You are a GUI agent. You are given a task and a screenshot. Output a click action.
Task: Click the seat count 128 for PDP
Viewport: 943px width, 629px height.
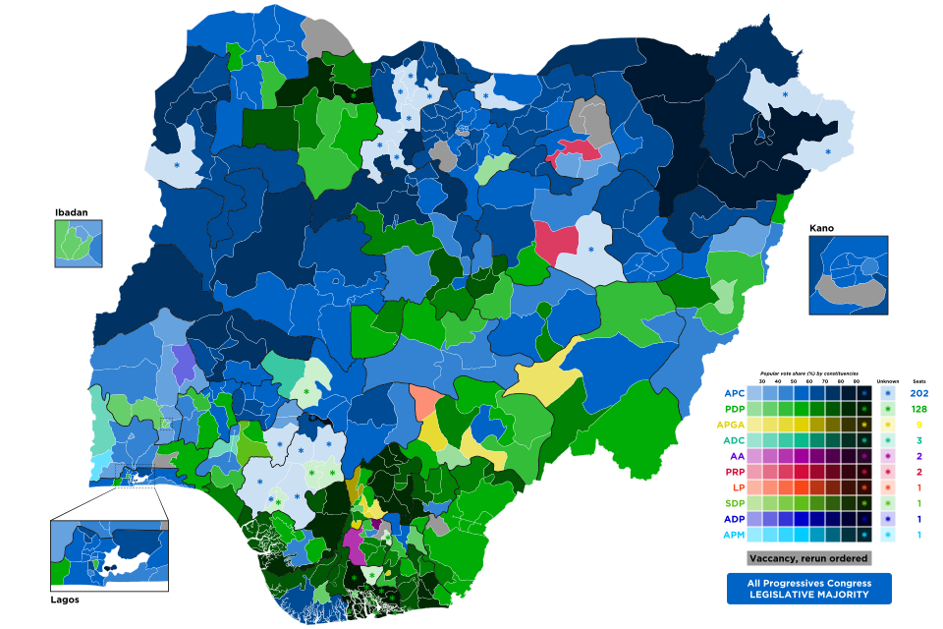click(918, 409)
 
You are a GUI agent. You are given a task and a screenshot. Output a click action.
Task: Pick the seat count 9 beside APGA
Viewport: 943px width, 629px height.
click(918, 425)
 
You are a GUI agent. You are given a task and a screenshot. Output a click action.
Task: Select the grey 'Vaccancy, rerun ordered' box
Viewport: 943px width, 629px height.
click(808, 558)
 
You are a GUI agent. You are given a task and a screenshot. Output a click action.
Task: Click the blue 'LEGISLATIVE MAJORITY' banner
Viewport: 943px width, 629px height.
click(808, 589)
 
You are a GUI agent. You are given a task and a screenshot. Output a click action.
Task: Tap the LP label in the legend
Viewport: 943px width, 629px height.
click(736, 487)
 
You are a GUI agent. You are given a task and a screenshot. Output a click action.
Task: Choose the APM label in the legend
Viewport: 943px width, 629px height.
click(732, 535)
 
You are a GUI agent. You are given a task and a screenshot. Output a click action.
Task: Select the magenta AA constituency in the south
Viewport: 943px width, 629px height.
click(353, 542)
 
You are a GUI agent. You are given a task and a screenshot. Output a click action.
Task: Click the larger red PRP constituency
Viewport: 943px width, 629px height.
click(555, 242)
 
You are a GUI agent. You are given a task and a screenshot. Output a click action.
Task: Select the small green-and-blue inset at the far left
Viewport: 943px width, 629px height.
click(78, 244)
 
